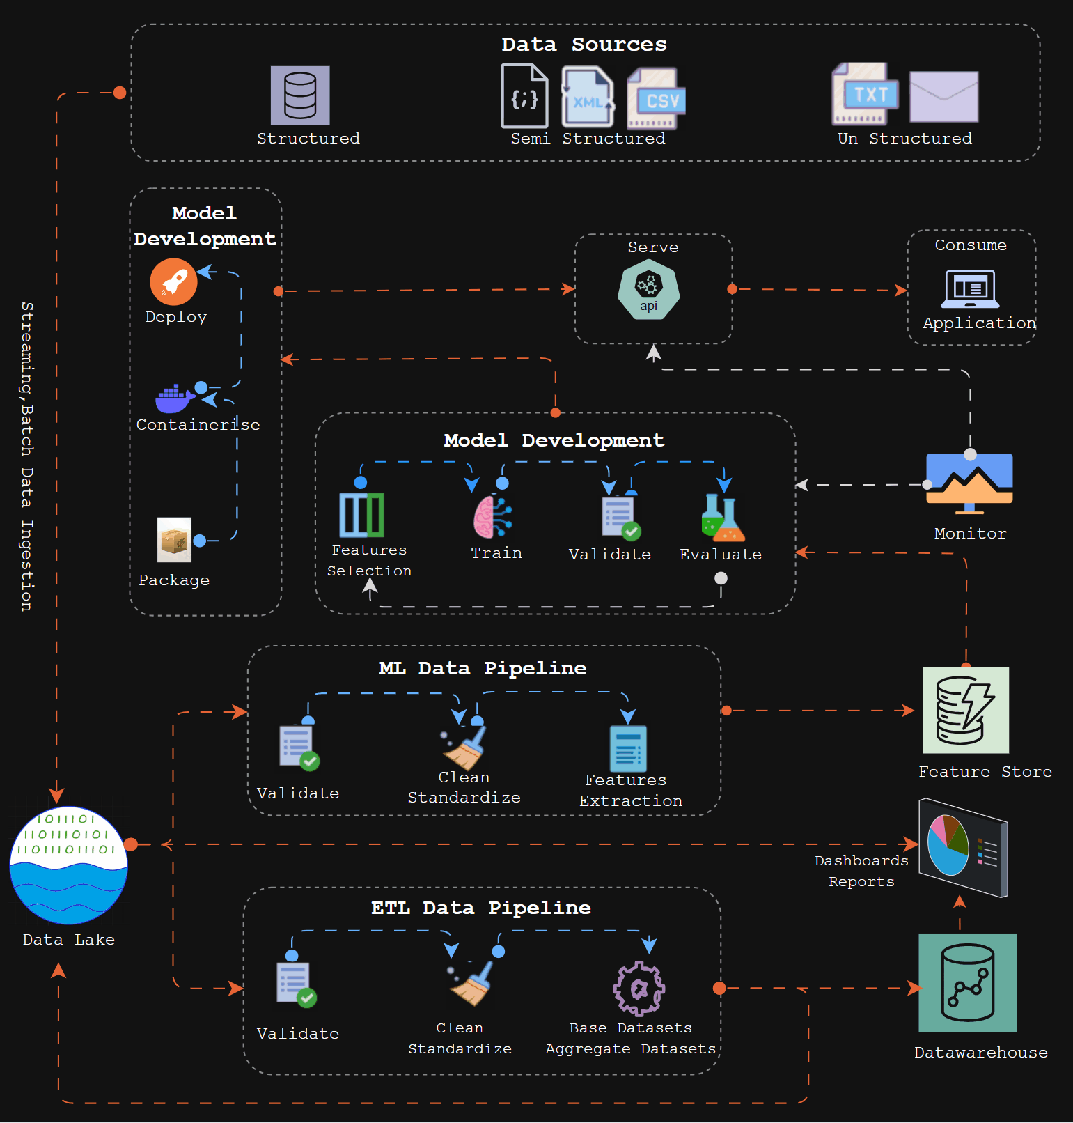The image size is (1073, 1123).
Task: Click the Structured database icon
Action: coord(300,95)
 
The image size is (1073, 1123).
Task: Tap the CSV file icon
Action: coord(657,99)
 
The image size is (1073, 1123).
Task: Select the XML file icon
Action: coord(588,98)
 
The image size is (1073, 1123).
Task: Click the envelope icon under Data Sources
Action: coord(943,97)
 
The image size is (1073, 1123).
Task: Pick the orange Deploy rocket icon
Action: coord(173,281)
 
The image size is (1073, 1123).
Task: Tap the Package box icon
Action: coord(174,540)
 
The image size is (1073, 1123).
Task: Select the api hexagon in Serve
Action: coord(648,290)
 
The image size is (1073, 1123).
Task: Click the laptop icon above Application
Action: coord(970,289)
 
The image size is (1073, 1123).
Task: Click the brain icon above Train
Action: coord(492,517)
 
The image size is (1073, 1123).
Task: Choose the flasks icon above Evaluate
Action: coord(723,518)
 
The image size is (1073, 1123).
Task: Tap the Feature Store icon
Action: coord(966,711)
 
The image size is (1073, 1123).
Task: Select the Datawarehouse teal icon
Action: coord(967,982)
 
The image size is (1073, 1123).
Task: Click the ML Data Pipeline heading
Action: coord(483,668)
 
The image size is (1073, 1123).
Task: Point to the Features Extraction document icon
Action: coord(628,749)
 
